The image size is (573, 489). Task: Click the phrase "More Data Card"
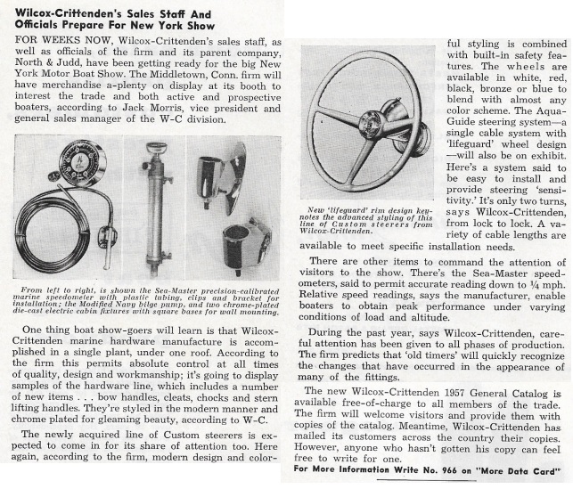pyautogui.click(x=519, y=469)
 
